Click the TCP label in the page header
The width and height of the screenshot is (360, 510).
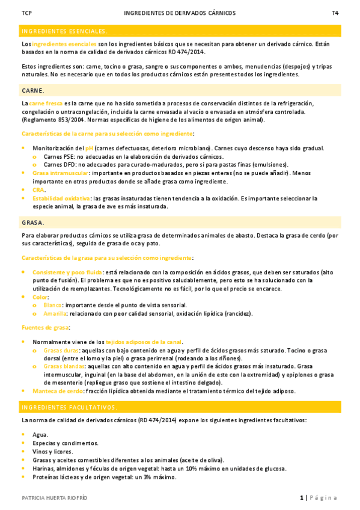26,13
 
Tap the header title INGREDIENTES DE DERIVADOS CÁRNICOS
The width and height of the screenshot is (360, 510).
180,13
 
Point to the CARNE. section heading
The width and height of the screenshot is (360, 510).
32,90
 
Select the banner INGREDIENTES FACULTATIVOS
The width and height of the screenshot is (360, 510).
69,407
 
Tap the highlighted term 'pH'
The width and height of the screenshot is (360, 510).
90,148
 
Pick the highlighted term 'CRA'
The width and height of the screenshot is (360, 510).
38,189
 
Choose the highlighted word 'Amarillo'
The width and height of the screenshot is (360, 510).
55,313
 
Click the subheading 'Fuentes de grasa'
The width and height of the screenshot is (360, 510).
44,327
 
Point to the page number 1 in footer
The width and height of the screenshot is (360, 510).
302,497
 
